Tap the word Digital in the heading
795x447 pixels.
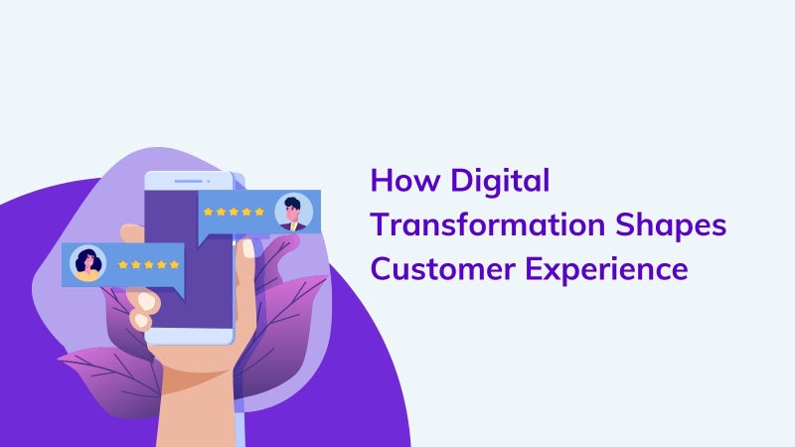[500, 182]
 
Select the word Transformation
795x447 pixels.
[488, 224]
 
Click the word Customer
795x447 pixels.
[443, 269]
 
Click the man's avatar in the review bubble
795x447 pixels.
[293, 213]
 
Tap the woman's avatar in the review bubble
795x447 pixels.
[87, 263]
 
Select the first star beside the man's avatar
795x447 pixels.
[208, 212]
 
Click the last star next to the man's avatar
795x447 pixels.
[259, 212]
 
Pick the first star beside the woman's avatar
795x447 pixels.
[122, 264]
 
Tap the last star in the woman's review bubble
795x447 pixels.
[175, 264]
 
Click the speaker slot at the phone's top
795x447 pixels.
[188, 181]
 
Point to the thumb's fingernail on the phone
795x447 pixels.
[248, 248]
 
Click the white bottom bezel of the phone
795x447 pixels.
[189, 336]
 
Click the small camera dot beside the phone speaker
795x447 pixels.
[208, 181]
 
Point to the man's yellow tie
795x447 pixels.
[293, 226]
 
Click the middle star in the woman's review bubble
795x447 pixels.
[148, 264]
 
